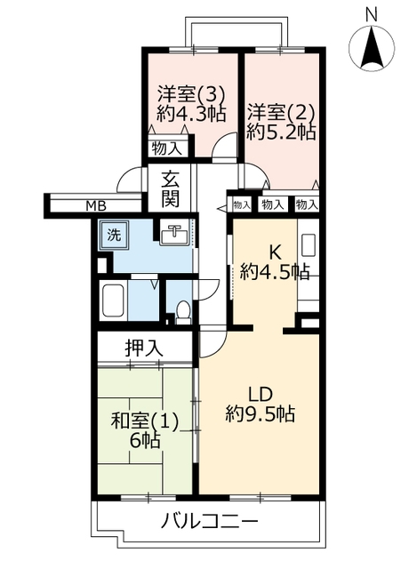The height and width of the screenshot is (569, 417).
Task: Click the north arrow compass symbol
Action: [372, 47]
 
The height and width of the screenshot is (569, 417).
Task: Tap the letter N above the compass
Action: [372, 15]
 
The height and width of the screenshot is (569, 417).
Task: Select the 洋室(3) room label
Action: [191, 95]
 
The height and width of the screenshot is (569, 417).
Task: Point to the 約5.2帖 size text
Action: [281, 132]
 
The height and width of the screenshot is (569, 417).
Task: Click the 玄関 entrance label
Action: [170, 189]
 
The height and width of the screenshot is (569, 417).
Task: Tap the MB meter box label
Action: [96, 206]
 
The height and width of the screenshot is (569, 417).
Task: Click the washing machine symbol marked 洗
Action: [114, 235]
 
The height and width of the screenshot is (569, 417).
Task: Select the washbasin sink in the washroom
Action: [175, 235]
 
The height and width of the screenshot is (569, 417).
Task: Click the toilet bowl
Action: [183, 311]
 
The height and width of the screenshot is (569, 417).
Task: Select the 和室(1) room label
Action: [144, 422]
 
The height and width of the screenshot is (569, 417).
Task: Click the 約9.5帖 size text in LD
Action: [260, 413]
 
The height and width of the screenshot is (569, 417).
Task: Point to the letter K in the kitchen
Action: [275, 252]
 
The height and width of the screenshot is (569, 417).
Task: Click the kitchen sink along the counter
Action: [309, 245]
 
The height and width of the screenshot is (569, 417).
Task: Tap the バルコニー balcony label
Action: [210, 522]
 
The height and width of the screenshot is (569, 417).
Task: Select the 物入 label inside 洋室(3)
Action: [166, 148]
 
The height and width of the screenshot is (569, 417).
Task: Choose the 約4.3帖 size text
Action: [191, 114]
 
